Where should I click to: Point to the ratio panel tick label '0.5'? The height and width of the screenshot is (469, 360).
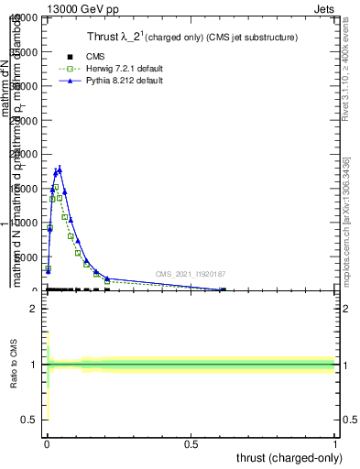[28, 420]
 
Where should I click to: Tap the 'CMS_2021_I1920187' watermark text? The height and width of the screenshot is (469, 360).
[190, 274]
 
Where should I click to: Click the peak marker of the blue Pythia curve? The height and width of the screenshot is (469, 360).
[60, 168]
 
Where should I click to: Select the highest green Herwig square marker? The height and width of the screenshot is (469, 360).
[56, 187]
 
